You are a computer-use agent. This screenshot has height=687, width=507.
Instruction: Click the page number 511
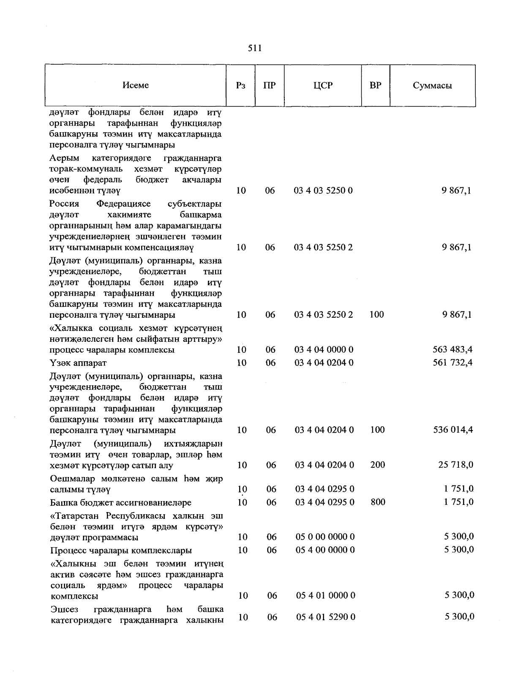point(254,48)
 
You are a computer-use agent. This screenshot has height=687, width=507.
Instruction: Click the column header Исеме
point(136,85)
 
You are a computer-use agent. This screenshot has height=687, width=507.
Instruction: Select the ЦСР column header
point(323,85)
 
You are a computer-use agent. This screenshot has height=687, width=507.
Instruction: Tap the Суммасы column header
point(432,86)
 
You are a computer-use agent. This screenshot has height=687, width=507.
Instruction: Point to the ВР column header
point(375,85)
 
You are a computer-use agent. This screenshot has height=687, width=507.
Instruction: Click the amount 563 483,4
point(452,349)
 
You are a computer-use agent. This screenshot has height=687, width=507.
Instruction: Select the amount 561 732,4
point(452,363)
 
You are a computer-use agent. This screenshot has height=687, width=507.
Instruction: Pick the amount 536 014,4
point(453,430)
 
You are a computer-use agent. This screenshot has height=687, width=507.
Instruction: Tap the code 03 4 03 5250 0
point(323,191)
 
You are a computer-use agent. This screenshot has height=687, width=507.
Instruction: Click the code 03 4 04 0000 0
point(324,349)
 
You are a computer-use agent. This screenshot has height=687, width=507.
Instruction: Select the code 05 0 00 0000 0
point(325,537)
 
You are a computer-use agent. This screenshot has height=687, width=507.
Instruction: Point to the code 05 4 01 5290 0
point(325,617)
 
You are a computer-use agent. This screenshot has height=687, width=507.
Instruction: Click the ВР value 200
point(377,465)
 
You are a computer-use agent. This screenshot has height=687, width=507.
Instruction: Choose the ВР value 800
point(377,502)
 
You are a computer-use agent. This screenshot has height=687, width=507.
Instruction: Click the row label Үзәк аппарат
point(78,363)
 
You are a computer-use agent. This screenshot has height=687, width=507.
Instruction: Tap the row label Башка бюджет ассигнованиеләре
point(120,503)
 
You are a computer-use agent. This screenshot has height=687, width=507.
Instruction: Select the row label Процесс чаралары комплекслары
point(121,551)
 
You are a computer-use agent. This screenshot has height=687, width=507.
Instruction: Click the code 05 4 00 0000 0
point(325,550)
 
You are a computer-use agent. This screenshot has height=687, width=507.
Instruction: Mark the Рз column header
point(241,85)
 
